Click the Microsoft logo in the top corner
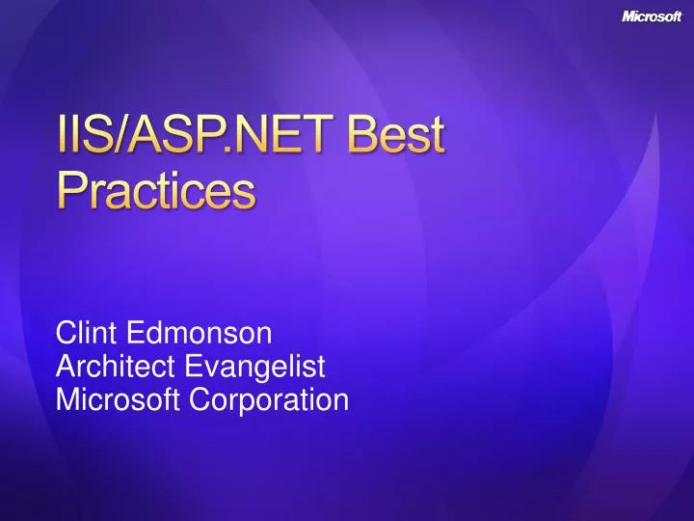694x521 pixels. pos(652,15)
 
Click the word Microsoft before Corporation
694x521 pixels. pos(118,398)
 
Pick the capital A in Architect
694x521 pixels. pos(66,367)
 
